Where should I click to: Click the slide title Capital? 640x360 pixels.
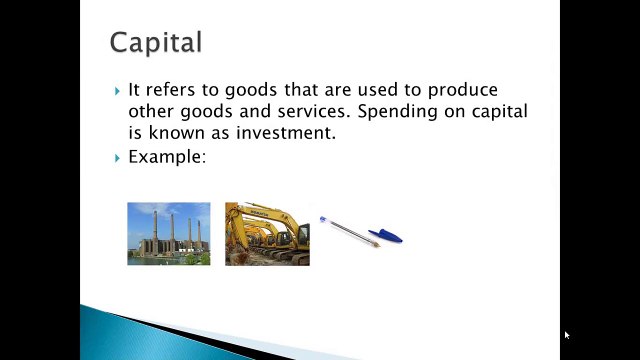click(x=156, y=42)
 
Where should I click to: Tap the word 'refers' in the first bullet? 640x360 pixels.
click(x=170, y=90)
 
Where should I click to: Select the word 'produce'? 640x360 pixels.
click(x=462, y=91)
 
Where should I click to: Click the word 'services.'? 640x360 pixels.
click(x=314, y=111)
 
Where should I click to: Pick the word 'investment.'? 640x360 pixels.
click(x=286, y=133)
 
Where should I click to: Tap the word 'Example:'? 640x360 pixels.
click(x=167, y=157)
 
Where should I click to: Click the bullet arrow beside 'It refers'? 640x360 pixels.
click(x=118, y=91)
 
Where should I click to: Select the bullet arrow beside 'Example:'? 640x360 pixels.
click(x=118, y=158)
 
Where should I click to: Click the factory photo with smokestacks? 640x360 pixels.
click(x=169, y=234)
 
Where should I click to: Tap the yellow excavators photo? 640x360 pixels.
click(x=267, y=234)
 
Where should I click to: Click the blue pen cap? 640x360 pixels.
click(x=385, y=236)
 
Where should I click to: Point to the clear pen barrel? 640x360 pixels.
click(x=350, y=232)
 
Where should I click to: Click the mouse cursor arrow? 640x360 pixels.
click(x=567, y=335)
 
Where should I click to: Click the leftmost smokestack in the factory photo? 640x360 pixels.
click(x=155, y=227)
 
